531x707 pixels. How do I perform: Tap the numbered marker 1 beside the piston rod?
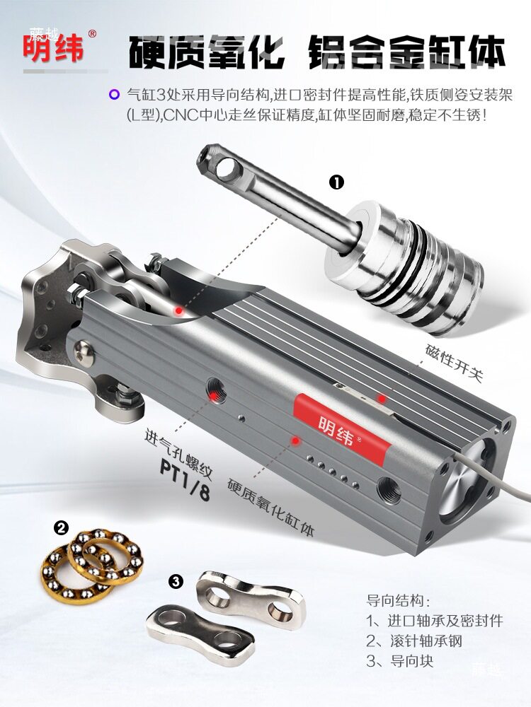(336, 182)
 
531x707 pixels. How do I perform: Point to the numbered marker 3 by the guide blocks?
(176, 581)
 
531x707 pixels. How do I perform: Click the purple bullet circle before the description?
(115, 95)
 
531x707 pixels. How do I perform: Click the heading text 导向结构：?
(398, 600)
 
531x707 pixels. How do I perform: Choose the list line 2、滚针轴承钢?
(414, 641)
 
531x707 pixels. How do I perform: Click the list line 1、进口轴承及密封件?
(435, 621)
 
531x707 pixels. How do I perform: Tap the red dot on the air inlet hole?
(213, 395)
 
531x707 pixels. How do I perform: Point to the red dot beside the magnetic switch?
(382, 399)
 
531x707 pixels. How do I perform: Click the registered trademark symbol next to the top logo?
(92, 34)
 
